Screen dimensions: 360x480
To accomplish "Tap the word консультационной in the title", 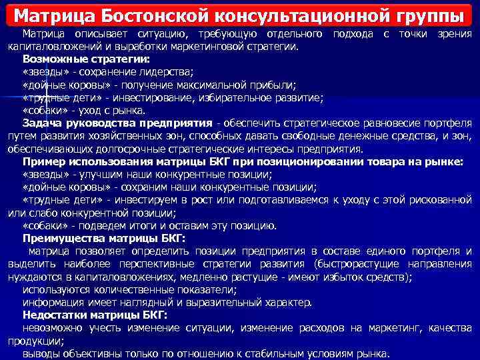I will [x=289, y=15].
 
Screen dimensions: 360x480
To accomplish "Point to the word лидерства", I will [x=169, y=72].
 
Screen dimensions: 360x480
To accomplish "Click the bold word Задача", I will [x=41, y=123].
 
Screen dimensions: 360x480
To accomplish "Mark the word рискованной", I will [x=436, y=199].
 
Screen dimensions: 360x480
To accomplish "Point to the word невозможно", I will [x=53, y=328].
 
